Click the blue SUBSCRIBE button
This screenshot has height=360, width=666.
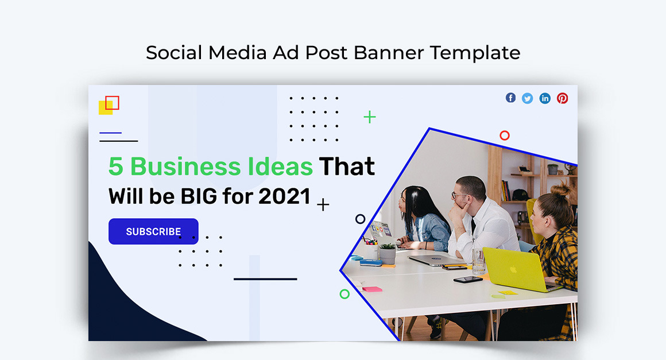coord(153,231)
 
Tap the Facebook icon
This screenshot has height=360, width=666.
coord(510,98)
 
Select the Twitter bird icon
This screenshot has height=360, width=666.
coord(528,99)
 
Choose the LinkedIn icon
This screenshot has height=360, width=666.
coord(545,99)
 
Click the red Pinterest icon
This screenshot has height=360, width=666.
coord(562,99)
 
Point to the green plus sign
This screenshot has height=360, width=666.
coord(370,117)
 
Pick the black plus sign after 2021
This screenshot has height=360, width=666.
coord(323,205)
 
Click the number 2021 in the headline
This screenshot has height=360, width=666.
coord(284,196)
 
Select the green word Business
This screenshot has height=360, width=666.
coord(185,166)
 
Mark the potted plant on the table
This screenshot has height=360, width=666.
coord(388,253)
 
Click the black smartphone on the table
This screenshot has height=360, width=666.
coord(468,280)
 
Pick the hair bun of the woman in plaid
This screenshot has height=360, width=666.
coord(560,189)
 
